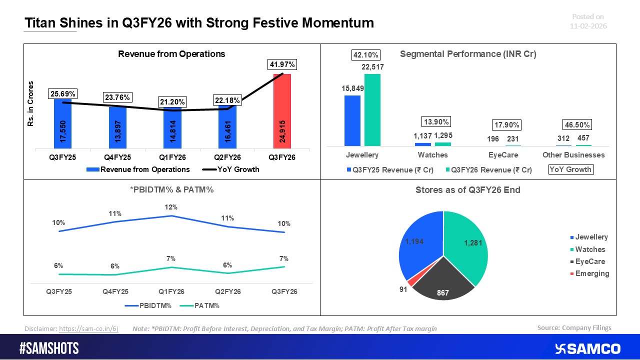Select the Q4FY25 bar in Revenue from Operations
point(117,127)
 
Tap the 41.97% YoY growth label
point(282,64)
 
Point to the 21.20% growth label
point(172,102)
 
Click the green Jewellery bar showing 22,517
point(372,109)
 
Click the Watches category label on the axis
point(433,155)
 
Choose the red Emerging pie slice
point(411,282)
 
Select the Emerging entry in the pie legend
point(591,273)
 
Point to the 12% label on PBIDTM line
point(171,207)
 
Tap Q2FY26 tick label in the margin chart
point(228,291)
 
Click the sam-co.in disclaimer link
point(88,329)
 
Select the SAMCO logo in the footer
point(587,348)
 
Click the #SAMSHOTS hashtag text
point(49,348)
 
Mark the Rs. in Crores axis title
point(31,103)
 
